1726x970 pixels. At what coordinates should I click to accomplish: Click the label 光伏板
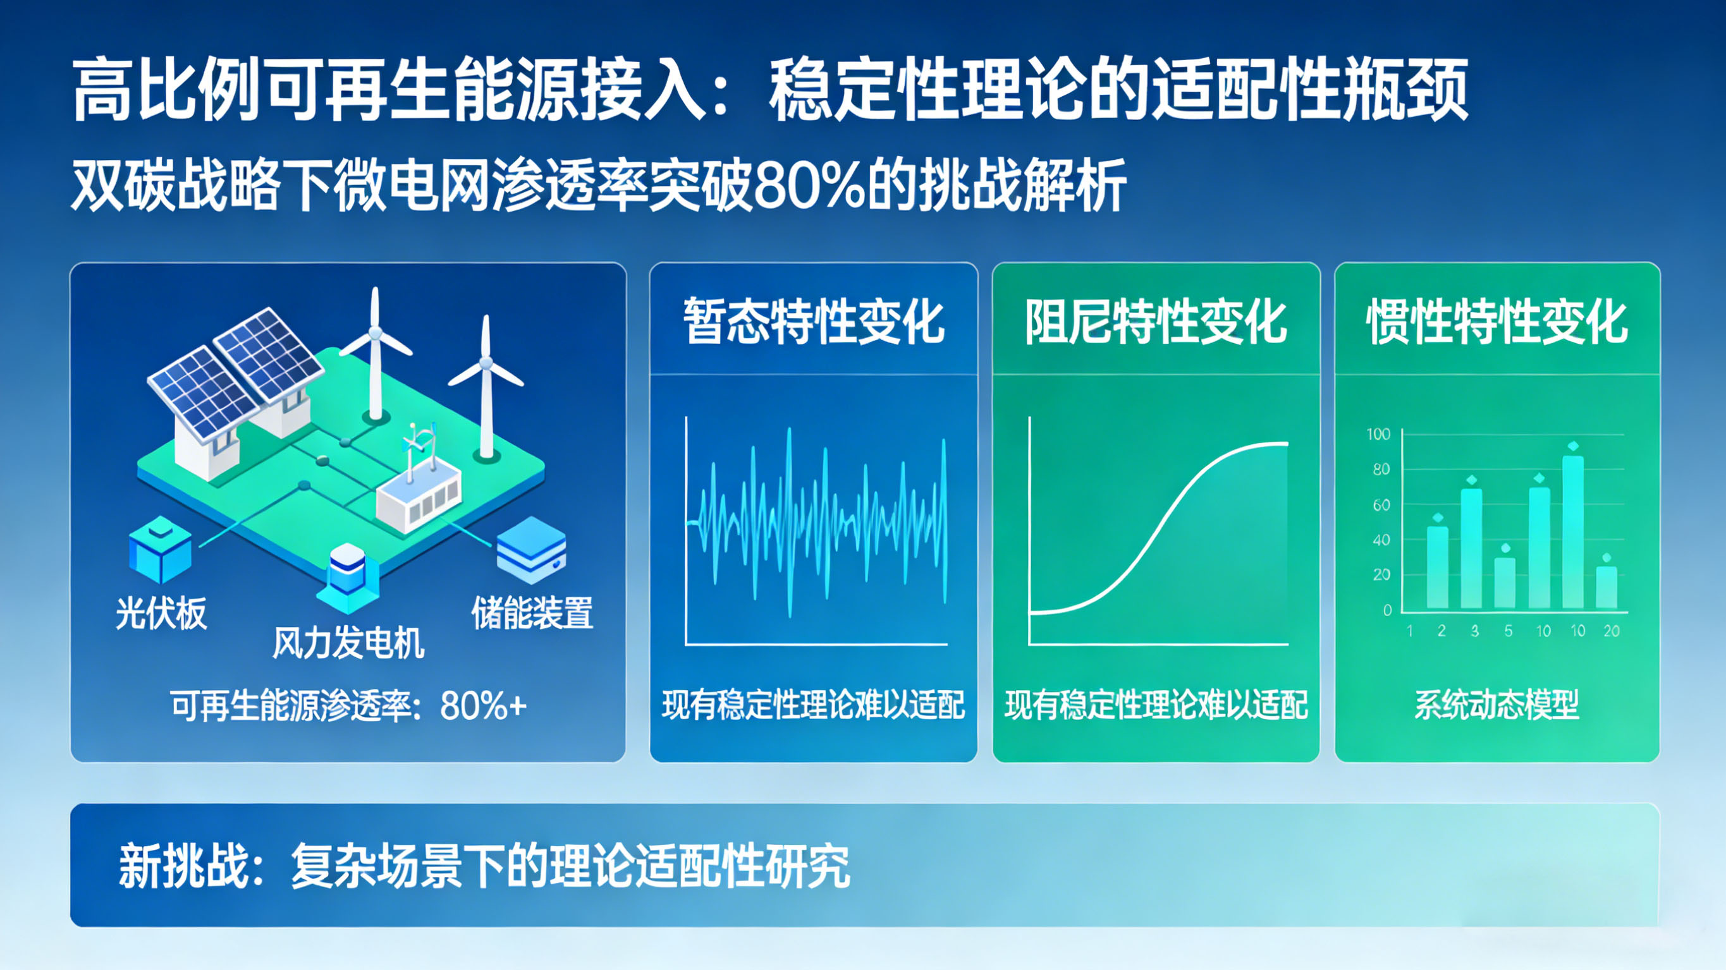[161, 613]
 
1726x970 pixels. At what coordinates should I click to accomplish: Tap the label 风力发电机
[348, 644]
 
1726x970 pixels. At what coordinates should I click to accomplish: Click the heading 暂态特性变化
[814, 322]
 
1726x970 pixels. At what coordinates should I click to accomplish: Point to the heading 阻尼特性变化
[1156, 322]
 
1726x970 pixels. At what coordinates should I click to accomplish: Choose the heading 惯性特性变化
[1498, 322]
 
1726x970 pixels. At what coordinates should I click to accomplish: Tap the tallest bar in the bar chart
[1572, 533]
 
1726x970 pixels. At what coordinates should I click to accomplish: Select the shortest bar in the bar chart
[1606, 588]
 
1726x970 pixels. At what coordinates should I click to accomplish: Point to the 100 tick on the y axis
[1378, 434]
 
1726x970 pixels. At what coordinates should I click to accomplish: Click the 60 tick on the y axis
[1381, 505]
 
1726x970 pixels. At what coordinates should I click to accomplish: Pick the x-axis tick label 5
[1509, 631]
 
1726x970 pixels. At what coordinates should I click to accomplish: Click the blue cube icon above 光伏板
[160, 550]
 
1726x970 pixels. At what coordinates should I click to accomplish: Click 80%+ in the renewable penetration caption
[483, 705]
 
